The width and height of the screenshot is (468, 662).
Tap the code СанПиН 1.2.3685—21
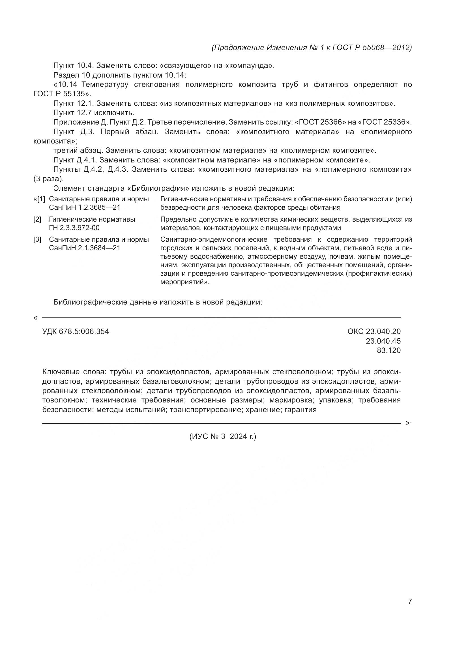pyautogui.click(x=84, y=207)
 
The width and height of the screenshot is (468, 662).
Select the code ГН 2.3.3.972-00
pyautogui.click(x=74, y=228)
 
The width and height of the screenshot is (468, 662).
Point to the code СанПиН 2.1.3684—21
pyautogui.click(x=84, y=248)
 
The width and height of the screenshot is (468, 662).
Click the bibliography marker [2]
pyautogui.click(x=37, y=219)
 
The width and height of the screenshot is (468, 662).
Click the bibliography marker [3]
pyautogui.click(x=37, y=240)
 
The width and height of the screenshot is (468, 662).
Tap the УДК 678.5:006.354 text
pyautogui.click(x=76, y=332)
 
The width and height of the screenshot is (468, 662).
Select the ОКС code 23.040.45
pyautogui.click(x=383, y=341)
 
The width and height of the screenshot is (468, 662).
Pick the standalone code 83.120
pyautogui.click(x=388, y=351)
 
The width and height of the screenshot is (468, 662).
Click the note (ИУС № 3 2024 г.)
pyautogui.click(x=222, y=436)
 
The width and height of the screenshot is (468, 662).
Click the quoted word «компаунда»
pyautogui.click(x=249, y=66)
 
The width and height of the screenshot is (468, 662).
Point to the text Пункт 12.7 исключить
pyautogui.click(x=94, y=113)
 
